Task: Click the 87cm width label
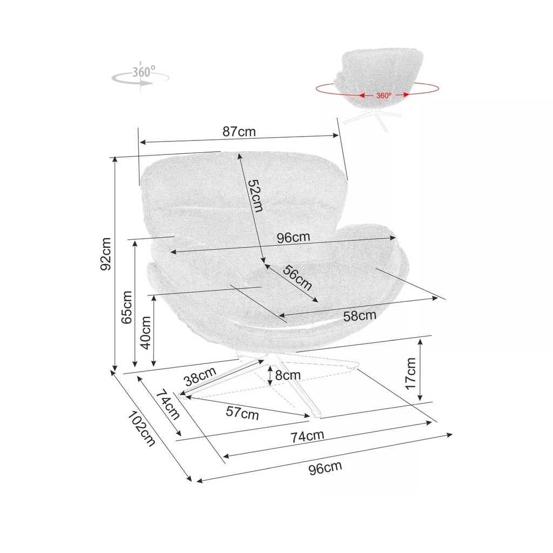click(239, 132)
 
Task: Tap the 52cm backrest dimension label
click(255, 196)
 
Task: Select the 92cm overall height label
click(105, 254)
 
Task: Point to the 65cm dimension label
click(126, 307)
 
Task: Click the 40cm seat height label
click(145, 333)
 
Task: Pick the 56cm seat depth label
click(297, 278)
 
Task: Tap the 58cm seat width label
click(360, 315)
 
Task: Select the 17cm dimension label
click(410, 374)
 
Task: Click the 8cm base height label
click(288, 375)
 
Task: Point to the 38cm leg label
click(200, 376)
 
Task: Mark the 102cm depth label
click(141, 429)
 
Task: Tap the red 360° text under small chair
click(384, 96)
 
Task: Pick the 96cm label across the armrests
click(293, 238)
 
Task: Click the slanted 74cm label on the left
click(168, 404)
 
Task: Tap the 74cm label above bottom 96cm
click(307, 436)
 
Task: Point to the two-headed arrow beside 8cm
click(270, 376)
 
